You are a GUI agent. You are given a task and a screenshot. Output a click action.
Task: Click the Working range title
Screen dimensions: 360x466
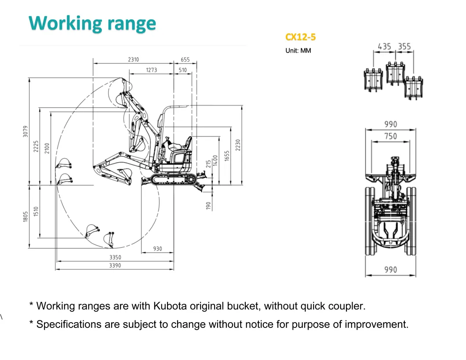click(92, 23)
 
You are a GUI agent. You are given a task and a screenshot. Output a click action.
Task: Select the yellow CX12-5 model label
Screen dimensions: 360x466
click(300, 37)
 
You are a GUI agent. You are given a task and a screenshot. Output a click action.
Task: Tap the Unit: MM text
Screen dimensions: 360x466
click(298, 51)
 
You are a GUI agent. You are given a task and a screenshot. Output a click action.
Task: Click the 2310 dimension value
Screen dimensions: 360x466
click(134, 60)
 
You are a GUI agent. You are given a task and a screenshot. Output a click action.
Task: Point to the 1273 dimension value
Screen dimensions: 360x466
click(151, 70)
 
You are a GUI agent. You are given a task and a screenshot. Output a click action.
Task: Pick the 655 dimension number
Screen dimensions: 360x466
click(185, 60)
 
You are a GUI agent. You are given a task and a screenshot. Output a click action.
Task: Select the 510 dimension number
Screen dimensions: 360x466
click(183, 70)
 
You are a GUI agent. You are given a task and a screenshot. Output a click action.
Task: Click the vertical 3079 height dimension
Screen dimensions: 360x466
click(25, 131)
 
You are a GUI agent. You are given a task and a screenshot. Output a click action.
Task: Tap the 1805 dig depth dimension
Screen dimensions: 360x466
click(25, 216)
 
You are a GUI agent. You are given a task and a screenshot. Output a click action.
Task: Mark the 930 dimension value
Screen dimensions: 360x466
click(157, 249)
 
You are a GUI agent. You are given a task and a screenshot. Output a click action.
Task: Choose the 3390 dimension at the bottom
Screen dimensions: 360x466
click(115, 265)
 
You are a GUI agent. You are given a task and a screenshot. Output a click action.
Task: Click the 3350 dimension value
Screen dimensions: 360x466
click(115, 257)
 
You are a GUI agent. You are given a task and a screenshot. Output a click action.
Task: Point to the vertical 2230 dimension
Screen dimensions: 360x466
click(238, 145)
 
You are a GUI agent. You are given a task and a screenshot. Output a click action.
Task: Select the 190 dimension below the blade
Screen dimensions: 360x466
click(208, 205)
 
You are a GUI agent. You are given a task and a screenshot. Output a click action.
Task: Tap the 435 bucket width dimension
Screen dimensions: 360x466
click(385, 47)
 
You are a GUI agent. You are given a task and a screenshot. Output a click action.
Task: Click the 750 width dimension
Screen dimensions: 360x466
click(390, 136)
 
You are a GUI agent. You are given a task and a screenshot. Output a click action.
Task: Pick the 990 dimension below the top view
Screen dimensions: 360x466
click(390, 270)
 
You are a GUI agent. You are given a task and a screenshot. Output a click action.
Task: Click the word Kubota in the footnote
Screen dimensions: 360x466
click(171, 306)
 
